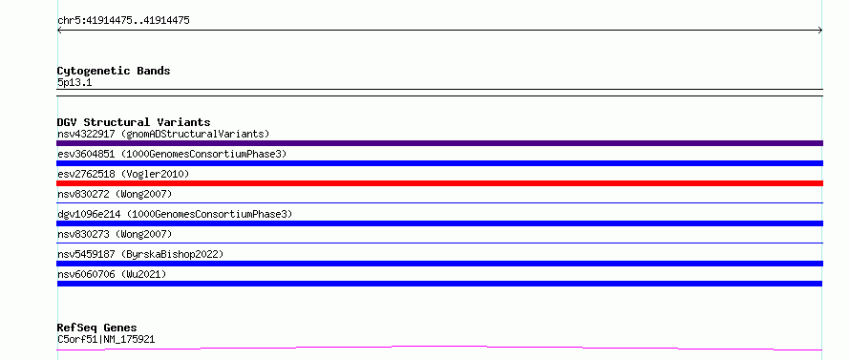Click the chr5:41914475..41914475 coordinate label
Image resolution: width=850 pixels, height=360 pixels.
pyautogui.click(x=123, y=21)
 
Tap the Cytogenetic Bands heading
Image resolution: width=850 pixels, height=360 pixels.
pyautogui.click(x=114, y=71)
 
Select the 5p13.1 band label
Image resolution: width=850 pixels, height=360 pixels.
pyautogui.click(x=74, y=83)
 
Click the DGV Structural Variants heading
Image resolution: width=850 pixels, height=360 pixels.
pyautogui.click(x=134, y=122)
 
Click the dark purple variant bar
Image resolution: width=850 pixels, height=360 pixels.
pyautogui.click(x=439, y=143)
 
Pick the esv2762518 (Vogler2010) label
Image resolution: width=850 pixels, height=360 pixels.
pyautogui.click(x=123, y=174)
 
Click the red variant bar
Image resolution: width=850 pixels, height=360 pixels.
pyautogui.click(x=439, y=183)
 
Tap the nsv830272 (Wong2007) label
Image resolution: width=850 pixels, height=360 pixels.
pyautogui.click(x=115, y=194)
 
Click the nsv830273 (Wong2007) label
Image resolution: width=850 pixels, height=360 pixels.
pyautogui.click(x=115, y=234)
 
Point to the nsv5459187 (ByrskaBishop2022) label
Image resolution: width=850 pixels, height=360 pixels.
pyautogui.click(x=140, y=254)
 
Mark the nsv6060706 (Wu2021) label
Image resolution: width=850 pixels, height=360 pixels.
pyautogui.click(x=112, y=274)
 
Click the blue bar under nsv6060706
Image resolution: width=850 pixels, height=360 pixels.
pyautogui.click(x=439, y=284)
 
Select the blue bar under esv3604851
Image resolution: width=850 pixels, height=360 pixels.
pyautogui.click(x=439, y=163)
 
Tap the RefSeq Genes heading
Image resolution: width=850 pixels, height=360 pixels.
pyautogui.click(x=97, y=328)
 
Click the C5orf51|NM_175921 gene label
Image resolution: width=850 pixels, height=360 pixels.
pyautogui.click(x=106, y=340)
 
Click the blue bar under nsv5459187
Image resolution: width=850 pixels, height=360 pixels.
pyautogui.click(x=439, y=264)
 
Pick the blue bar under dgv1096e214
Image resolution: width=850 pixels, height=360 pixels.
pyautogui.click(x=439, y=223)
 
